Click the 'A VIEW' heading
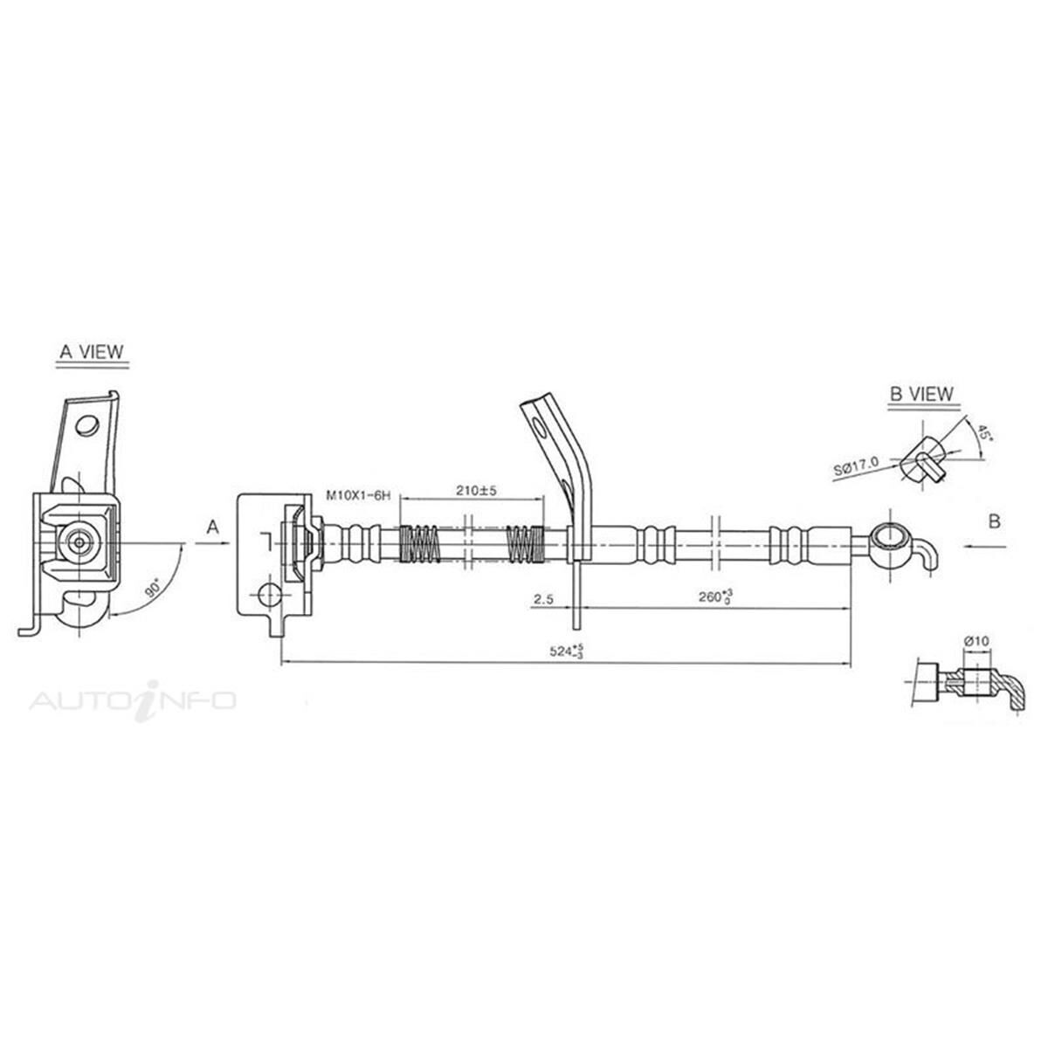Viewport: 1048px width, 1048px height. coord(91,352)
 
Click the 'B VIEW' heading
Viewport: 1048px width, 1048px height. coord(921,394)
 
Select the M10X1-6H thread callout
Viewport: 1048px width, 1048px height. coord(357,495)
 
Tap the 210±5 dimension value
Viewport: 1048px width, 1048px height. coord(475,491)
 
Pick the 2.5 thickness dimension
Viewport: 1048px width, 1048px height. coord(541,599)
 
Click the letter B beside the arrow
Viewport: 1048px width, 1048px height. coord(994,522)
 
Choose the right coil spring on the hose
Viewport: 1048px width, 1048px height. coord(527,543)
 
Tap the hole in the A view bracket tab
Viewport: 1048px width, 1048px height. coord(86,425)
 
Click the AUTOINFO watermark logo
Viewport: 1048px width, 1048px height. coord(133,700)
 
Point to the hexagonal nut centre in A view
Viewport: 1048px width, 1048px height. coord(80,542)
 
